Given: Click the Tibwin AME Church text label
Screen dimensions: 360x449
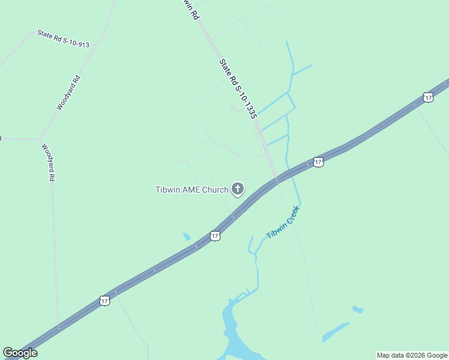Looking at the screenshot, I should pyautogui.click(x=192, y=190).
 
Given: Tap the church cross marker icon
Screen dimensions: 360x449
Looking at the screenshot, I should pyautogui.click(x=238, y=190).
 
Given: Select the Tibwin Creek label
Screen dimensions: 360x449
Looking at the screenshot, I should pyautogui.click(x=282, y=223).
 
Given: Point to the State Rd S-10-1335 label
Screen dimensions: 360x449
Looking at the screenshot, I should pyautogui.click(x=238, y=88).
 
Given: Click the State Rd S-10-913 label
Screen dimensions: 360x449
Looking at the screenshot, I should pyautogui.click(x=63, y=38).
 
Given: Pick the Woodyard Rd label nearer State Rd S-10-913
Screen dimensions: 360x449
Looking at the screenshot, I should pyautogui.click(x=68, y=92).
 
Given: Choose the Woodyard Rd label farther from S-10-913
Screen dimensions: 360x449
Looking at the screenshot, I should pyautogui.click(x=48, y=162).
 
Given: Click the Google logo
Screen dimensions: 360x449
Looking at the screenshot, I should pyautogui.click(x=20, y=353).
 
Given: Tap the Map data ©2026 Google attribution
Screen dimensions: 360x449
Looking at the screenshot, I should pyautogui.click(x=412, y=355).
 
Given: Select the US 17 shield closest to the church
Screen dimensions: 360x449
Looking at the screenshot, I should pyautogui.click(x=215, y=236).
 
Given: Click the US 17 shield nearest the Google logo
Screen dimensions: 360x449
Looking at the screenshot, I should pyautogui.click(x=105, y=300).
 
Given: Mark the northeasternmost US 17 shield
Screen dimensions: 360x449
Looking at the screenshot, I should pyautogui.click(x=427, y=97).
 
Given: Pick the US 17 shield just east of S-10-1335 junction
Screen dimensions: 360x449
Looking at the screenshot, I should pyautogui.click(x=318, y=162).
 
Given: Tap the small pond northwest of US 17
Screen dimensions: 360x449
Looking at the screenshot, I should pyautogui.click(x=187, y=236).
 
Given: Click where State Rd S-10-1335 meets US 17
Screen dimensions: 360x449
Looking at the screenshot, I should pyautogui.click(x=276, y=179).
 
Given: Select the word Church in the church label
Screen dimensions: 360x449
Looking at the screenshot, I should pyautogui.click(x=215, y=190).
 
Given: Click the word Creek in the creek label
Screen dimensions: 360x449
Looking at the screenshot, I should pyautogui.click(x=291, y=214).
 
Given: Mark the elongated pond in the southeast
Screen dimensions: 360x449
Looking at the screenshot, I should pyautogui.click(x=336, y=332).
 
